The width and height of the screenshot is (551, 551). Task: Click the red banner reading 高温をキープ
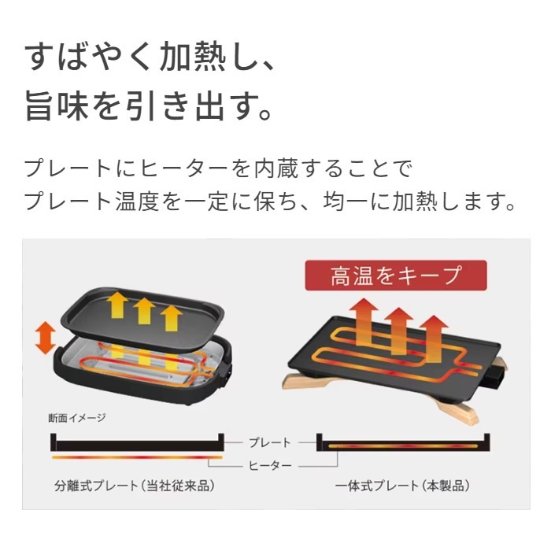[x=396, y=275]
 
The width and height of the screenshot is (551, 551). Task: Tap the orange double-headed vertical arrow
[x=46, y=338]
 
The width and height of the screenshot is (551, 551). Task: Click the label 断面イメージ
[x=77, y=418]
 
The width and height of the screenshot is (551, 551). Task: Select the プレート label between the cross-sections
[x=269, y=442]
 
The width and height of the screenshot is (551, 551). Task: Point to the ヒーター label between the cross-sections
[x=270, y=466]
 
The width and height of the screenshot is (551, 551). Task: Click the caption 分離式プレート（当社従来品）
[x=135, y=486]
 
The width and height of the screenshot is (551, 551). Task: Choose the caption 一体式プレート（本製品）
[x=402, y=486]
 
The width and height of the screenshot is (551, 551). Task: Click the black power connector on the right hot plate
[x=496, y=374]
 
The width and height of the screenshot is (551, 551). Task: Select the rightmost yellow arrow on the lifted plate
[x=171, y=318]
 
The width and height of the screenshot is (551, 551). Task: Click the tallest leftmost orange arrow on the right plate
[x=364, y=321]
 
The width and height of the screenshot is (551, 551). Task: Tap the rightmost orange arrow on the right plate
[x=434, y=338]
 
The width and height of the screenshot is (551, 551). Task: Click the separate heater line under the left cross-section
[x=137, y=457]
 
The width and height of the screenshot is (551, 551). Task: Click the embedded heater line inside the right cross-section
[x=403, y=446]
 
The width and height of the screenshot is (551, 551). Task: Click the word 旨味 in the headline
[x=56, y=105]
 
